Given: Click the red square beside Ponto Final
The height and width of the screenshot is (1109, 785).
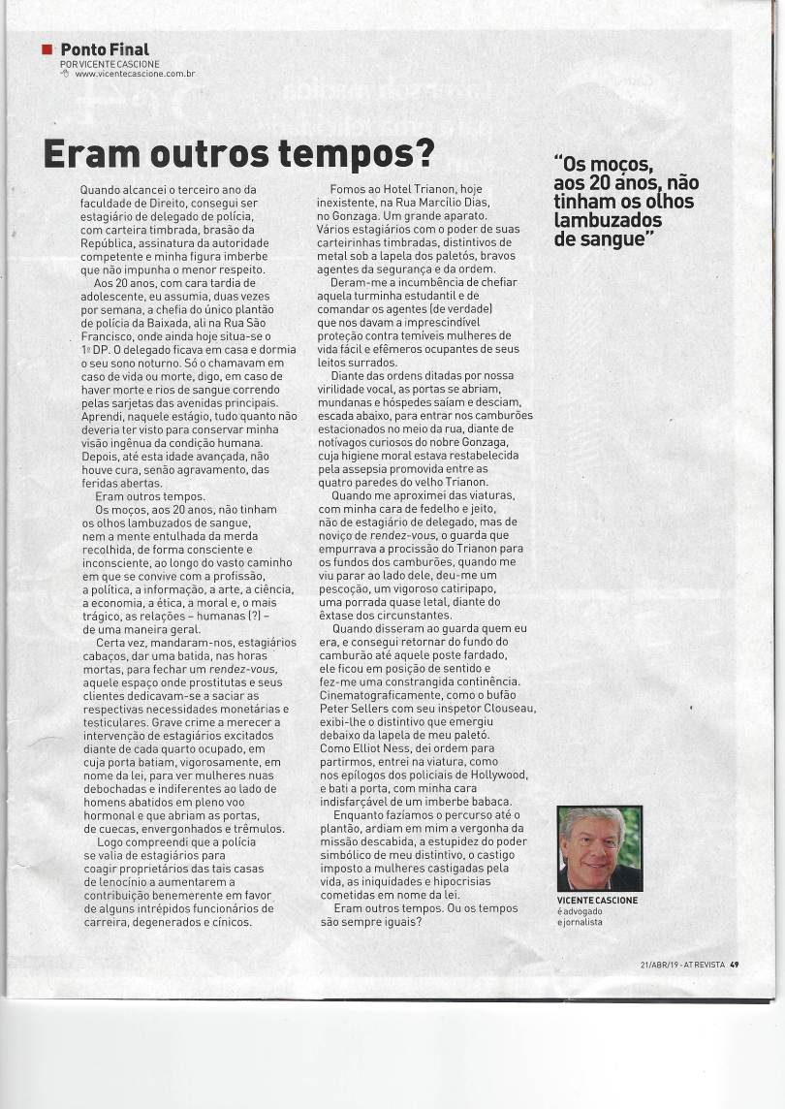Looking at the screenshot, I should pos(47,48).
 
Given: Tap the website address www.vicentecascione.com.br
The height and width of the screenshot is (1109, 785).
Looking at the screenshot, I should pos(136,74).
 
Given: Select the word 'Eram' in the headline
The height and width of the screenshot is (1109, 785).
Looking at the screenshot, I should pos(86,154).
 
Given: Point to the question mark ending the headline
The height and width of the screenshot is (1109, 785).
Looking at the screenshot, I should pos(424,154).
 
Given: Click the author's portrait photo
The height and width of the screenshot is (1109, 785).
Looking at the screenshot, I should pos(599,848).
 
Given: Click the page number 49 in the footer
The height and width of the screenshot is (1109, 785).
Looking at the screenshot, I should pos(735,964).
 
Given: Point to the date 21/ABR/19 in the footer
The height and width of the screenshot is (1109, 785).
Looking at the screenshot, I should pos(660,964).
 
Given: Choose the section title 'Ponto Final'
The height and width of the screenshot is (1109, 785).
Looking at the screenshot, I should pos(105,48).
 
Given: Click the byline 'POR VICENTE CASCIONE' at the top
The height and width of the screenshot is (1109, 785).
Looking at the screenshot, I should pos(110,64).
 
